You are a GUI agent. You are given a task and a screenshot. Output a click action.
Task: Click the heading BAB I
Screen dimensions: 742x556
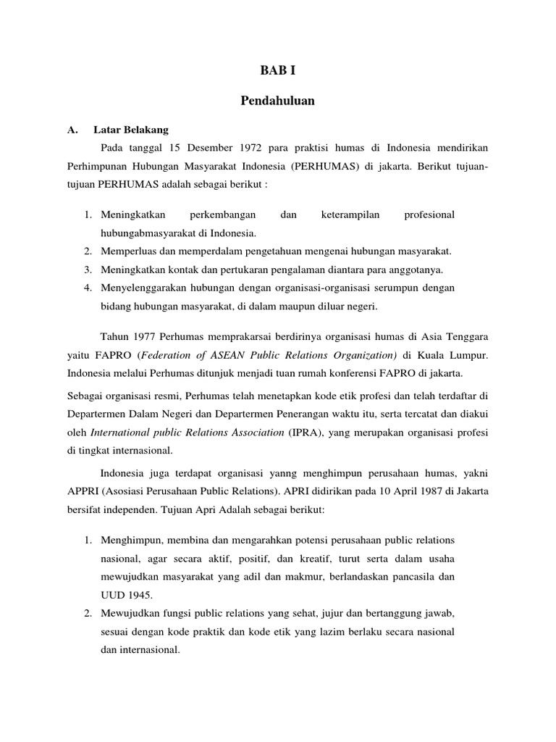(x=278, y=71)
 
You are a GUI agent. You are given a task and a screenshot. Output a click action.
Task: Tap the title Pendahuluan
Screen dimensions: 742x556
(x=278, y=101)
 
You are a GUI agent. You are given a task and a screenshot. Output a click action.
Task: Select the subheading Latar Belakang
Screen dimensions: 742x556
(x=130, y=130)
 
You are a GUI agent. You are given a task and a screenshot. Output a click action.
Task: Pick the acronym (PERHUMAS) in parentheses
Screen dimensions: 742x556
(x=324, y=167)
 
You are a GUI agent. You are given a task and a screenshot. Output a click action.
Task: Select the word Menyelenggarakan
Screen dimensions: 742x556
(x=143, y=288)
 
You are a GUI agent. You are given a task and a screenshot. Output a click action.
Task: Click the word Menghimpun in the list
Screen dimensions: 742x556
(x=130, y=541)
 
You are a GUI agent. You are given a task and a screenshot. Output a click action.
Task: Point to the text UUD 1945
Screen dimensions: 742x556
(x=127, y=594)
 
